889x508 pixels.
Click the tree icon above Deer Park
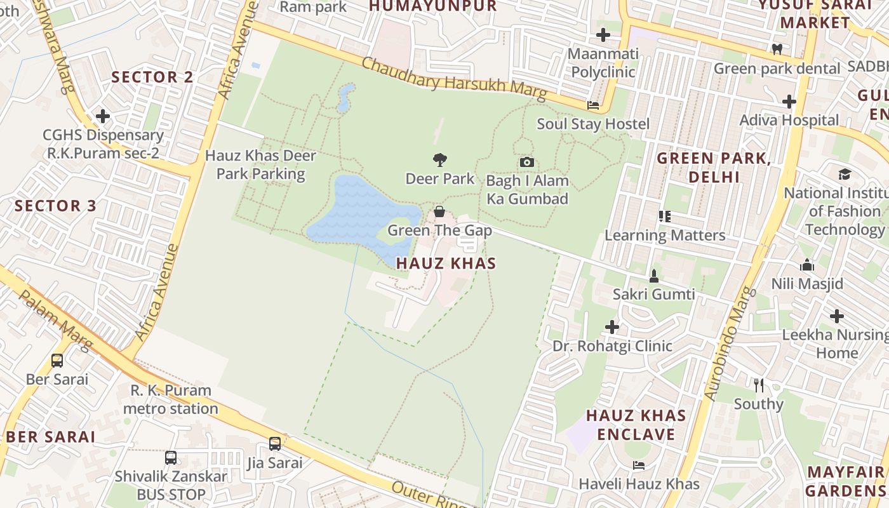pos(439,159)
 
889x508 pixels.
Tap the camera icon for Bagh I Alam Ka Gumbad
pos(526,162)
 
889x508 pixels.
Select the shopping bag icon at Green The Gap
pos(439,211)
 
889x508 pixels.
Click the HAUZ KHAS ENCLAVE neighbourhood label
pos(636,425)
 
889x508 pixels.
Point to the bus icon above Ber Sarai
pos(57,361)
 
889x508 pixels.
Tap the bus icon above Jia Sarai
pos(275,444)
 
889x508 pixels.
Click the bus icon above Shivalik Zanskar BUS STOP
pos(171,458)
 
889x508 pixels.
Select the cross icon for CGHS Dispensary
pos(103,116)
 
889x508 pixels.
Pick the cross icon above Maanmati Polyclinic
pos(603,35)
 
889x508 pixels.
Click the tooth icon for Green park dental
pos(777,49)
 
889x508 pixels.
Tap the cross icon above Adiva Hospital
pos(789,101)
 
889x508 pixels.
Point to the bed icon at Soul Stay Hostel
pos(593,105)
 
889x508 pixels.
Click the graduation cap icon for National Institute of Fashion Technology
pos(845,174)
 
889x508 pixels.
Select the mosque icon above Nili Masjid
pos(807,265)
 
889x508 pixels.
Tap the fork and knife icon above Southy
pos(758,385)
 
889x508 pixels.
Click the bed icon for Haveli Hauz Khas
pos(639,465)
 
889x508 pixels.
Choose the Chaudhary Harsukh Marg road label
pos(454,79)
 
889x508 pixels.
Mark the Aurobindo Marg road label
pos(730,344)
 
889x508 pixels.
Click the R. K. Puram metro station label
pos(171,399)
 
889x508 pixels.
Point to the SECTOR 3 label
pos(56,206)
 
